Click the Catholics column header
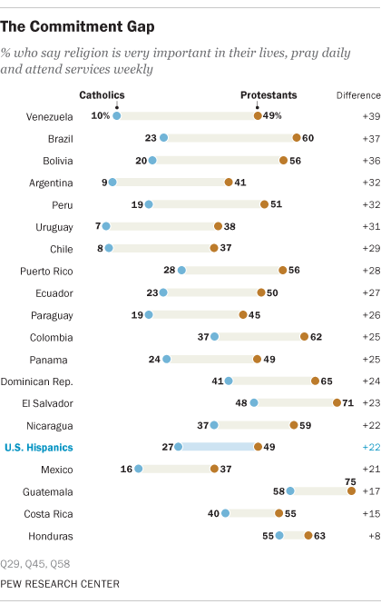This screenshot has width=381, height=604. click(103, 94)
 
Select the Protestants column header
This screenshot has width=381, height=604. click(268, 94)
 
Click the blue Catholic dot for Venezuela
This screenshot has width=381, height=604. click(116, 115)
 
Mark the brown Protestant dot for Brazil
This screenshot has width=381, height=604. click(297, 138)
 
